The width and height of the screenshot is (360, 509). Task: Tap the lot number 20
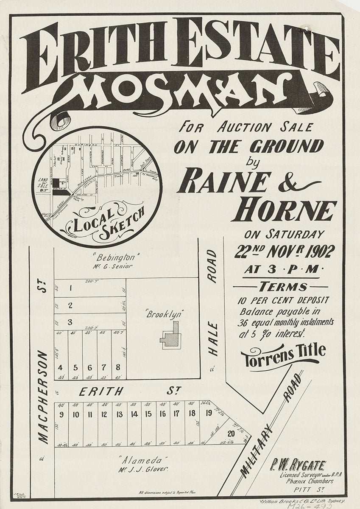tap(231, 433)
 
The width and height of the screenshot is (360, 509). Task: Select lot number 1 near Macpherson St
tap(70, 288)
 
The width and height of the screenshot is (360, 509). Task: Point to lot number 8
tap(118, 367)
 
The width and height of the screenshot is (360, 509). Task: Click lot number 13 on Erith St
tap(120, 414)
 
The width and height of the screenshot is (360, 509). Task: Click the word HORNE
tap(284, 210)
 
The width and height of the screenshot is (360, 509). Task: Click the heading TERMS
tap(284, 286)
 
